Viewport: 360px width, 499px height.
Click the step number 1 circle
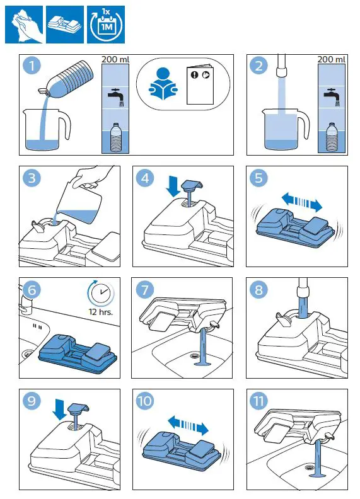point(32,66)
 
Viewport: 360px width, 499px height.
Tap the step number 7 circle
point(145,290)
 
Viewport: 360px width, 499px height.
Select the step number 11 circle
point(258,401)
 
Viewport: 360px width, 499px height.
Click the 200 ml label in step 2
point(332,59)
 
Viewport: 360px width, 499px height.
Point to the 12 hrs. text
point(101,311)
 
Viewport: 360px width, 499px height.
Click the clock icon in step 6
point(101,293)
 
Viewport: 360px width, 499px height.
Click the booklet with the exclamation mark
point(200,85)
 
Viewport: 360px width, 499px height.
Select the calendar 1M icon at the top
point(106,25)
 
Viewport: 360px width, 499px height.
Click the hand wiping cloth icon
point(24,25)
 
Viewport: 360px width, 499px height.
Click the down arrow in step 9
point(59,411)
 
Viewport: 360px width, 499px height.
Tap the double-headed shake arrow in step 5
point(302,202)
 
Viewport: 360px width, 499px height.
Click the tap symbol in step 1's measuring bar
point(115,97)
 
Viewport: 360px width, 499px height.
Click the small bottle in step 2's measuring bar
point(332,137)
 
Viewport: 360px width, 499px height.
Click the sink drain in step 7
point(195,354)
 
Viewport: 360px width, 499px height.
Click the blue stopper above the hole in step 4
point(192,185)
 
